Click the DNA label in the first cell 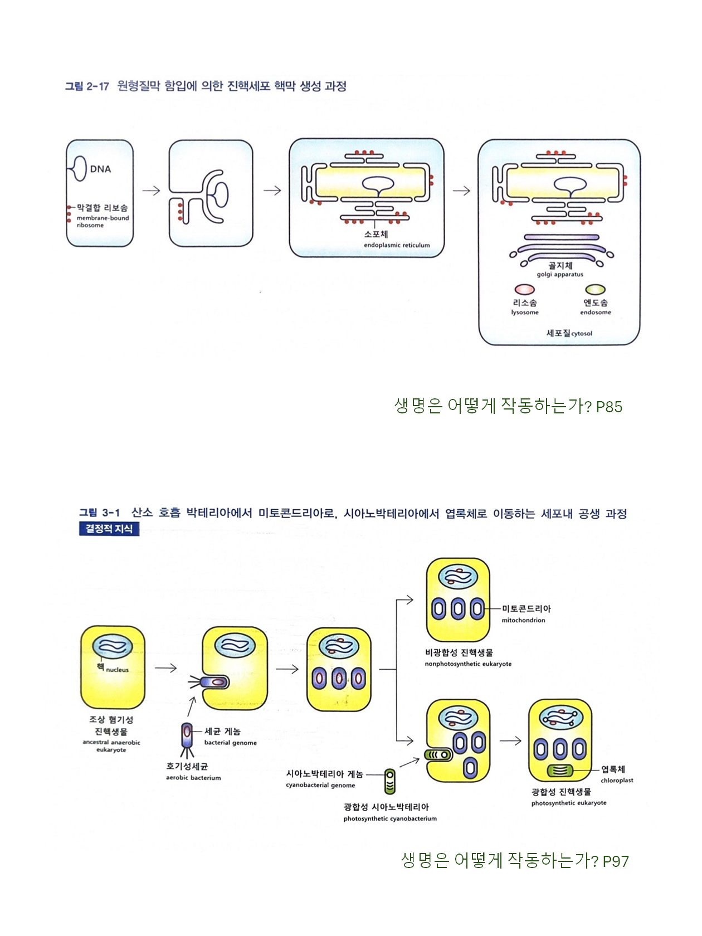[x=100, y=169]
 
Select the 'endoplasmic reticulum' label [x=397, y=245]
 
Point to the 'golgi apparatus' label [x=560, y=274]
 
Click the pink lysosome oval [x=524, y=290]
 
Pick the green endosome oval [x=595, y=290]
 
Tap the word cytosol [x=582, y=334]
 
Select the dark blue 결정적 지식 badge [x=109, y=529]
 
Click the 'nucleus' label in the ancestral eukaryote [x=117, y=670]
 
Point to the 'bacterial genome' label [x=230, y=743]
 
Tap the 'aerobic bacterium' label [x=193, y=778]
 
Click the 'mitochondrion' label [x=523, y=620]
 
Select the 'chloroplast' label [x=617, y=781]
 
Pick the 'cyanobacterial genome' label [x=320, y=786]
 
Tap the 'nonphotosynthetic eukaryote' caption [x=468, y=664]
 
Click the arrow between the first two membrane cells [x=151, y=191]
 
